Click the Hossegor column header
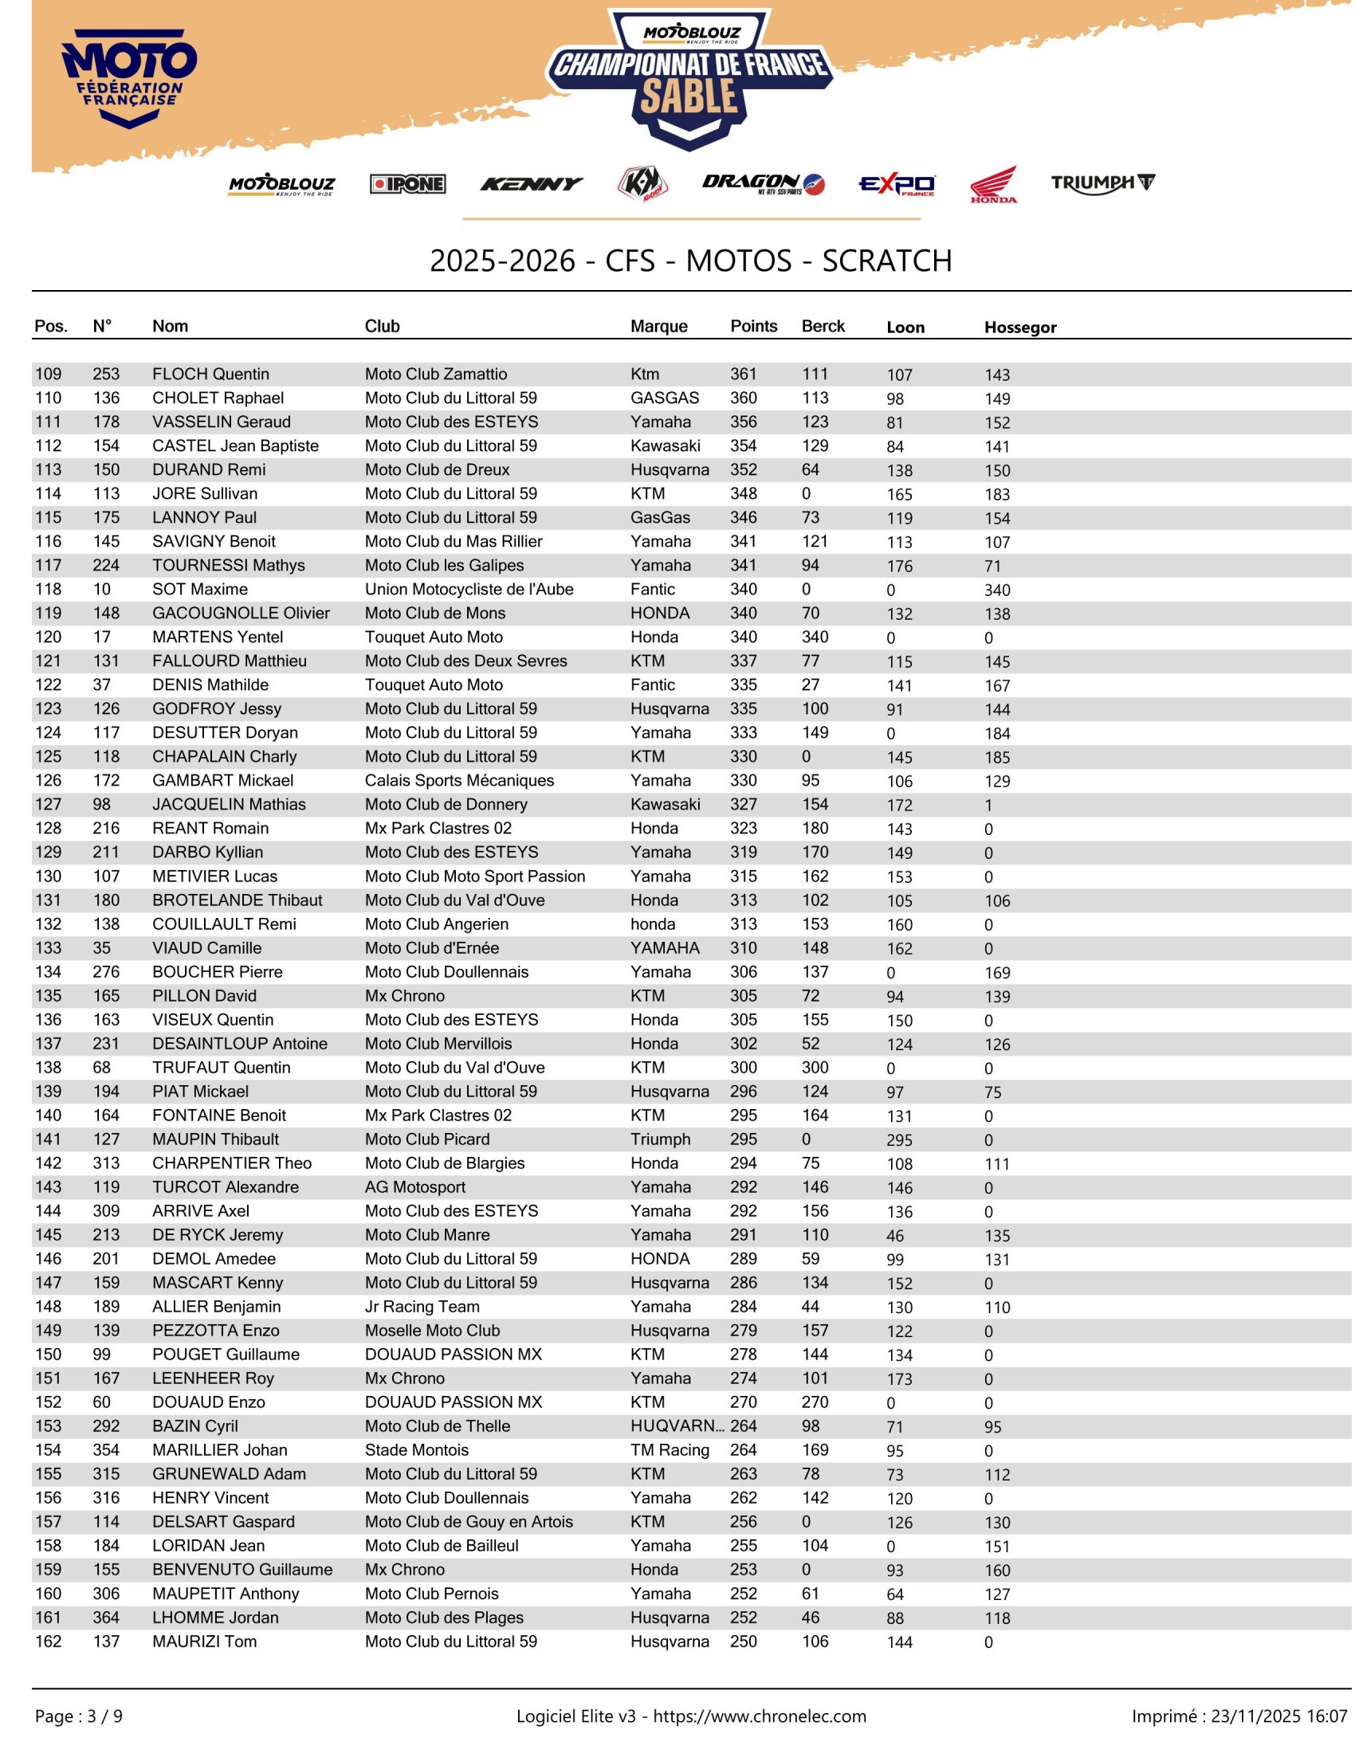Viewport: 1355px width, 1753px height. point(1019,327)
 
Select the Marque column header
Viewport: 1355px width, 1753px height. point(658,326)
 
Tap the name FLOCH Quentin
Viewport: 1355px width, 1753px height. point(210,374)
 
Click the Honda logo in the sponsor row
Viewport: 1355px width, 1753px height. point(993,184)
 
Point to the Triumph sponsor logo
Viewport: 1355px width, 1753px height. point(1102,183)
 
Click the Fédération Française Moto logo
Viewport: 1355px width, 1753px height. point(128,79)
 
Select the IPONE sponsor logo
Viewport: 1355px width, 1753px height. point(407,184)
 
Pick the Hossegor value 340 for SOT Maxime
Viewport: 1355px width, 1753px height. point(997,590)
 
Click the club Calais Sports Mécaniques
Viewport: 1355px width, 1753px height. point(459,780)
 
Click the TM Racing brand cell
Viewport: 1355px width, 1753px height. point(670,1449)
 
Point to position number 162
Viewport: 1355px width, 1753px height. point(48,1641)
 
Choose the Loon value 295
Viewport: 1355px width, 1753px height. point(899,1139)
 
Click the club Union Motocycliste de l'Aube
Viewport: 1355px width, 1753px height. point(469,589)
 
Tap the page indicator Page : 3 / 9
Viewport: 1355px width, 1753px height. point(79,1716)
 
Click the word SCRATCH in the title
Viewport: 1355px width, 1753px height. point(886,261)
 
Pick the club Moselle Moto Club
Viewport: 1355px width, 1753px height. point(432,1330)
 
